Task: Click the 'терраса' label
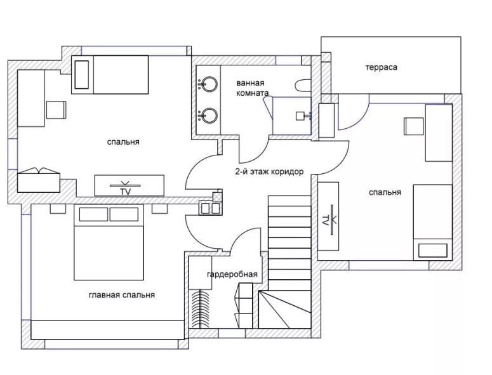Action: (x=382, y=67)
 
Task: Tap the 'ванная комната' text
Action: (x=252, y=88)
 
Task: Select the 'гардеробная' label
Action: (x=232, y=274)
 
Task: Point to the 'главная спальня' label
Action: (x=122, y=295)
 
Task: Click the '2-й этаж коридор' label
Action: (x=269, y=172)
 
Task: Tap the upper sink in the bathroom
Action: (x=208, y=84)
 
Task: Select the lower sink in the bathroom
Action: (x=208, y=115)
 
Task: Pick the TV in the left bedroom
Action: (x=130, y=185)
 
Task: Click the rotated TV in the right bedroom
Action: (x=328, y=216)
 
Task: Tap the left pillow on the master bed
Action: (x=93, y=214)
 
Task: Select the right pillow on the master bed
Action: (x=124, y=214)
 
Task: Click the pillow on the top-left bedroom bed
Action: (x=82, y=75)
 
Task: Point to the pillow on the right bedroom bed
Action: (x=433, y=251)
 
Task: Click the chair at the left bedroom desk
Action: (x=56, y=110)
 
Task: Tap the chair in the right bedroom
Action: (x=414, y=126)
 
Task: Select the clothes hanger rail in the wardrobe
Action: (x=200, y=309)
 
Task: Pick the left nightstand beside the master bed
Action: (x=58, y=209)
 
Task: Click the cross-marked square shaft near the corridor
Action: (x=217, y=197)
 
